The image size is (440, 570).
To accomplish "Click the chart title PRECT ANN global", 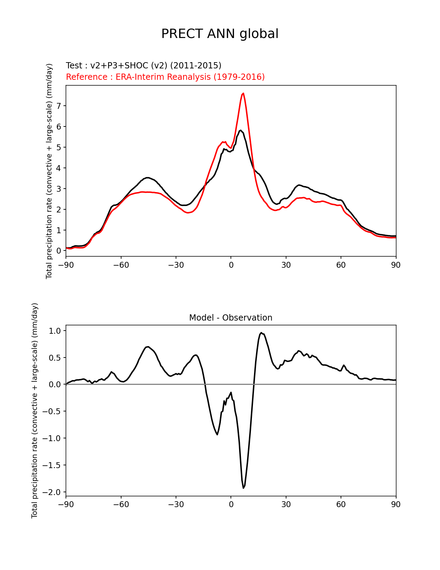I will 220,34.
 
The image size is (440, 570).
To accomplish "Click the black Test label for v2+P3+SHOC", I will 144,66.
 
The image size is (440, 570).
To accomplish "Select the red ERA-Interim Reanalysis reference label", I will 165,77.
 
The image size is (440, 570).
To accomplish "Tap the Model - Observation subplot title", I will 231,318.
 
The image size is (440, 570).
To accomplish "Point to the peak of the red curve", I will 243,93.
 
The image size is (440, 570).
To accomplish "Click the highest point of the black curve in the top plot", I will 241,130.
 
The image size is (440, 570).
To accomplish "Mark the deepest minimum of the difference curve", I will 243,488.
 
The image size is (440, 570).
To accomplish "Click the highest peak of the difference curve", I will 261,333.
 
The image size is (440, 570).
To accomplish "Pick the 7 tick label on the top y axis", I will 59,106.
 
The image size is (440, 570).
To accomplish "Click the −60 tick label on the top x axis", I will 121,265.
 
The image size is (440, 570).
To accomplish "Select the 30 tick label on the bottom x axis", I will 286,505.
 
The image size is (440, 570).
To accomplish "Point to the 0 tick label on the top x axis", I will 231,265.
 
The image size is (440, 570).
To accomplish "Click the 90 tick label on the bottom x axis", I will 396,505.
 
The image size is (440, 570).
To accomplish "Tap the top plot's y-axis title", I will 49,171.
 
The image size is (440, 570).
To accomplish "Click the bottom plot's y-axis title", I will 35,410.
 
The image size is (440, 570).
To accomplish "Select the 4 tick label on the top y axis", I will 59,168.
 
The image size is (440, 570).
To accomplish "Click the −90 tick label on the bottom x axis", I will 66,505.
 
